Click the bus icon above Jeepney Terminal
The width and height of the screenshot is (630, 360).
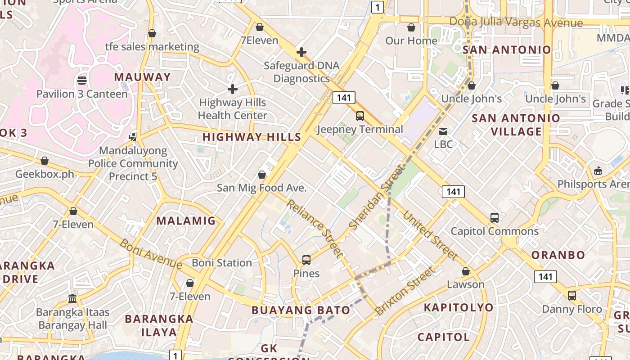tap(360, 116)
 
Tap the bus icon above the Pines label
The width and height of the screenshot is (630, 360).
tap(306, 260)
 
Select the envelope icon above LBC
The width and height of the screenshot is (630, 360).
tap(443, 131)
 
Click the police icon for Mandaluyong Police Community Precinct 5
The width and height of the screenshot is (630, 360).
tap(133, 136)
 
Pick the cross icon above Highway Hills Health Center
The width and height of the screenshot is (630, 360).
tap(232, 89)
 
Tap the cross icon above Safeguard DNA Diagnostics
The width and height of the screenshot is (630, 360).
tap(301, 52)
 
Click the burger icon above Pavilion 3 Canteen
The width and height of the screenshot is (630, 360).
tap(82, 81)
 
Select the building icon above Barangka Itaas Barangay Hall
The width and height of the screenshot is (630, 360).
tap(72, 298)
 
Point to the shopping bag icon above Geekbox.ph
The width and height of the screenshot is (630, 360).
tap(45, 161)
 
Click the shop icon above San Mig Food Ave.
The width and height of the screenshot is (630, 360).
tap(262, 174)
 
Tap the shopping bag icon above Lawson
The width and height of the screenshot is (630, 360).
tap(466, 271)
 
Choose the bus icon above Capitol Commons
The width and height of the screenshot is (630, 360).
tap(495, 218)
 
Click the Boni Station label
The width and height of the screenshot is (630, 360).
tap(222, 263)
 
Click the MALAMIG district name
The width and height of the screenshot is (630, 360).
tap(186, 221)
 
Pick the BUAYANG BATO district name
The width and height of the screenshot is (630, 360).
tap(301, 310)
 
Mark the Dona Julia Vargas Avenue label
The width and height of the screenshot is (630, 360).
tap(516, 22)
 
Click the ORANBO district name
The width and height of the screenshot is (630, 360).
tap(558, 255)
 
